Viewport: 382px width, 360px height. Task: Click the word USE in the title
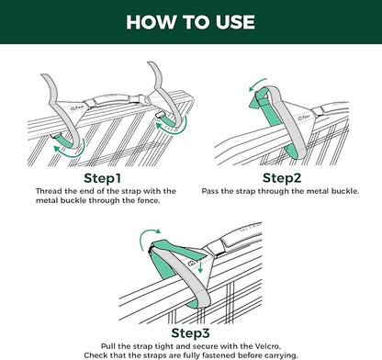235,22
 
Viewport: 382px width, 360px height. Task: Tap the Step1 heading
103,178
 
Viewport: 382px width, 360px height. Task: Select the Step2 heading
282,178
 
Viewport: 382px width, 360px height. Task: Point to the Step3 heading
190,332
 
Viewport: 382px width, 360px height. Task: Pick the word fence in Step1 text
149,201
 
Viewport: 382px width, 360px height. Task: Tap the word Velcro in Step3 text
267,346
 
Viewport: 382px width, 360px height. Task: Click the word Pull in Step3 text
107,346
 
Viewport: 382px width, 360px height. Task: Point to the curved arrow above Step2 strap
257,84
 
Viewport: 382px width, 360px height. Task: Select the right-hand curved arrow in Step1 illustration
174,129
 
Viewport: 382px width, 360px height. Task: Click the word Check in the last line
95,355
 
